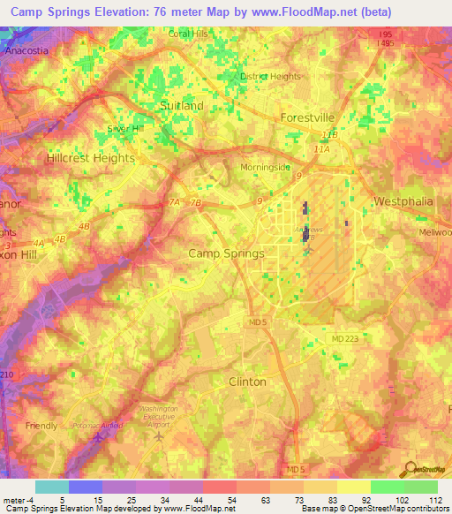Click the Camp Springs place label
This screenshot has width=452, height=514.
pos(227,253)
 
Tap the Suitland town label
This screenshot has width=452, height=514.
pos(181,105)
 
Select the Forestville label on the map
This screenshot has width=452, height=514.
pos(307,117)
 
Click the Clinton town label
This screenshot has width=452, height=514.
pos(247,382)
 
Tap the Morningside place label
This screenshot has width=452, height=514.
pos(265,167)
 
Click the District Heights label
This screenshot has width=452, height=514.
pos(270,76)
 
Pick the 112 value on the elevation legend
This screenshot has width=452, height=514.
pos(435,500)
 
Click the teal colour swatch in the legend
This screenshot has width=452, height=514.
pos(51,487)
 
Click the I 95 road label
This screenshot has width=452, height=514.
pos(386,34)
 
